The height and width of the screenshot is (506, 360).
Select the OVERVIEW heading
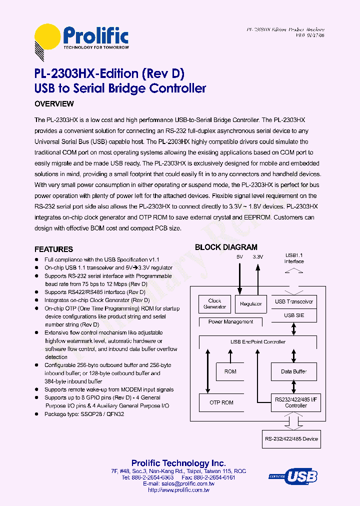(54, 104)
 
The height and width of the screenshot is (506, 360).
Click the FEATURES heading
(53, 249)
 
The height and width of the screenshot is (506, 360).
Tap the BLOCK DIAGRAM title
(226, 247)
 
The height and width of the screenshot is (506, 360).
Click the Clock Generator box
(214, 304)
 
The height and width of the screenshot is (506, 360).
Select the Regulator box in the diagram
(250, 304)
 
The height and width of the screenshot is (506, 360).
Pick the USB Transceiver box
(294, 301)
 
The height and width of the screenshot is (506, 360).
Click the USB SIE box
(294, 315)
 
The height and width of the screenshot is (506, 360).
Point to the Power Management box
(230, 322)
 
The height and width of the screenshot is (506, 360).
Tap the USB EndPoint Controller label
(258, 342)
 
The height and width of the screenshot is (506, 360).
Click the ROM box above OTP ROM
(230, 371)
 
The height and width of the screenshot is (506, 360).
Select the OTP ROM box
(220, 402)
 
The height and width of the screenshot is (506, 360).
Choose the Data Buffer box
(294, 371)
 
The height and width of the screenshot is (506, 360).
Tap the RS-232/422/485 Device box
(291, 439)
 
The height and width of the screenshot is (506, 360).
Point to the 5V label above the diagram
(239, 257)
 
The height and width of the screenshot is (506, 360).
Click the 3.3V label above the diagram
(258, 257)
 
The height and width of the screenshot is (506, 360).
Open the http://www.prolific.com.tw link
(178, 490)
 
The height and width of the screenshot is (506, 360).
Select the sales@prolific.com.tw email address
(185, 484)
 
